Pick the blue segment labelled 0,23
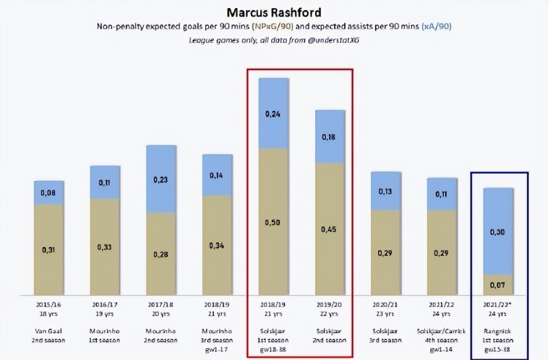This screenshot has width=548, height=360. [x=161, y=179]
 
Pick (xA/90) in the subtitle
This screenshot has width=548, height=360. [x=436, y=26]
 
